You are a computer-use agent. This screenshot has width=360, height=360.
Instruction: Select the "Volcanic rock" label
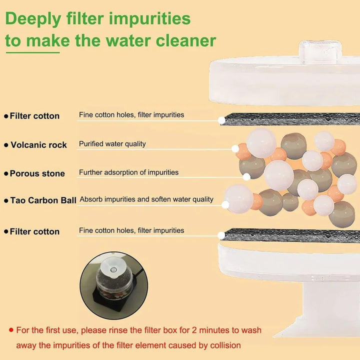point(38,145)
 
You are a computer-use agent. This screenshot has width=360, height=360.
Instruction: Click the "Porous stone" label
point(37,173)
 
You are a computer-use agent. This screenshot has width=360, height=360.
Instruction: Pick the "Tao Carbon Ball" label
point(43,200)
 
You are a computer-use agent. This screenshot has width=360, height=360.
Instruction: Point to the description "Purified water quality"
point(112,144)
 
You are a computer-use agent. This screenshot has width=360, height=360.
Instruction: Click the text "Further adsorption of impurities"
point(128,172)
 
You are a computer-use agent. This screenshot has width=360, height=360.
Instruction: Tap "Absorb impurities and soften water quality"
point(146,199)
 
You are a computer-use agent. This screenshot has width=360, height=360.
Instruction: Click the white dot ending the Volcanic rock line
point(235,148)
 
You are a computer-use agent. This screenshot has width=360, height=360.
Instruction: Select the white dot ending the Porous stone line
point(246,176)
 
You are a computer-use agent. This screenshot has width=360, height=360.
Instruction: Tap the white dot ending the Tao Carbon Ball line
point(225,204)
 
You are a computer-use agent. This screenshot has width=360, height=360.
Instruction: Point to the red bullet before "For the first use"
point(10,330)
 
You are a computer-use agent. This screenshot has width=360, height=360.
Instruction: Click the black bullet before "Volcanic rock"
point(6,145)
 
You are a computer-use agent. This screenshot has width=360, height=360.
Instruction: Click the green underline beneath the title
point(32,51)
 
